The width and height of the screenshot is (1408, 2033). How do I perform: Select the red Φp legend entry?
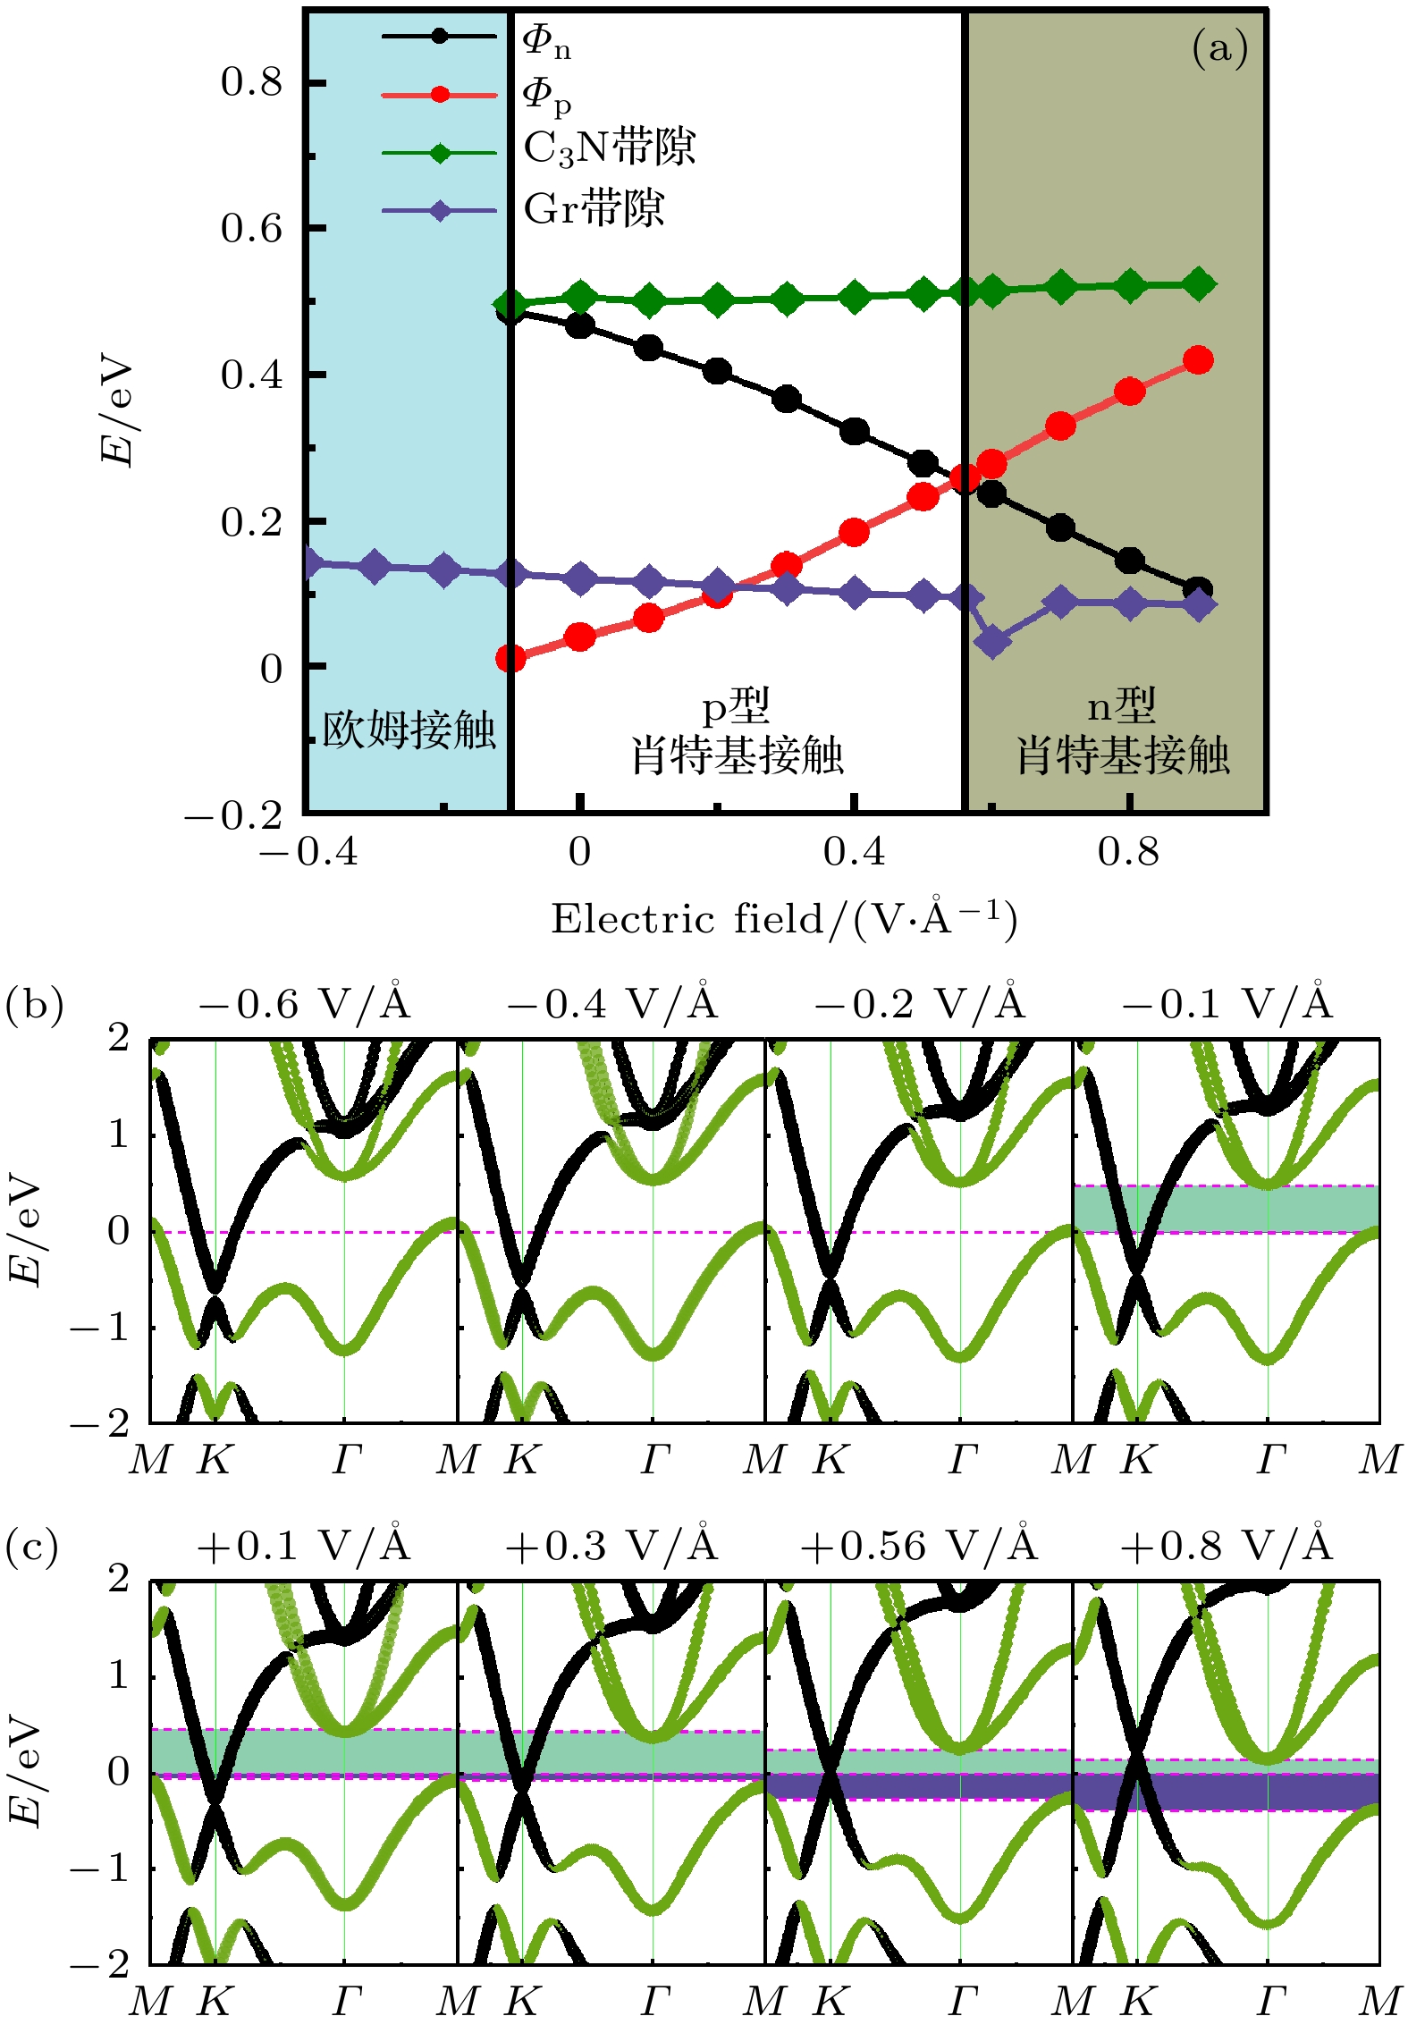545,95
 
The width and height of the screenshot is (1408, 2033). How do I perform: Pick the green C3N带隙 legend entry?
608,148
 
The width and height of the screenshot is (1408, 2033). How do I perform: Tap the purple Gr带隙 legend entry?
594,209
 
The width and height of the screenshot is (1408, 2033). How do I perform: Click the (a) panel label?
1219,48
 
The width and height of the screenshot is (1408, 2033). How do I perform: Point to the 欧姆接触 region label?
409,730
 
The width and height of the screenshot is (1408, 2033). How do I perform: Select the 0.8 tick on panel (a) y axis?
251,83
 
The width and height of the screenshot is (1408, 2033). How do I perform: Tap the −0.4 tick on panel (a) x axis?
308,853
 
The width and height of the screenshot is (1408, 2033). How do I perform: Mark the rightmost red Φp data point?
1198,361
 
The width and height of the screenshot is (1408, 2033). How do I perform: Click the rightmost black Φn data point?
1198,589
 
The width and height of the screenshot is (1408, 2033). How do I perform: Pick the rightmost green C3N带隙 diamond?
1199,284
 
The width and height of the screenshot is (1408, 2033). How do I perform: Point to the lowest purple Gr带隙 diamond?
992,640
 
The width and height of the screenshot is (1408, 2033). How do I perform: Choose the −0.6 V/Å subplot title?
303,1005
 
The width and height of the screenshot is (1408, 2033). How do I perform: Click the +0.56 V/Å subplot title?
918,1546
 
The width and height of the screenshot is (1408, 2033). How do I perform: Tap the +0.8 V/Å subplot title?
1226,1546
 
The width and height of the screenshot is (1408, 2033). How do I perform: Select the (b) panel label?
34,1005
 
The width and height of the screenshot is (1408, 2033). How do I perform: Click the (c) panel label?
32,1547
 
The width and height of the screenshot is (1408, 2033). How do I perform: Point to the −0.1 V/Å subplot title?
1226,1005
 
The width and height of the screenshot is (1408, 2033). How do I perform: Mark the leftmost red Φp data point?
510,659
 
